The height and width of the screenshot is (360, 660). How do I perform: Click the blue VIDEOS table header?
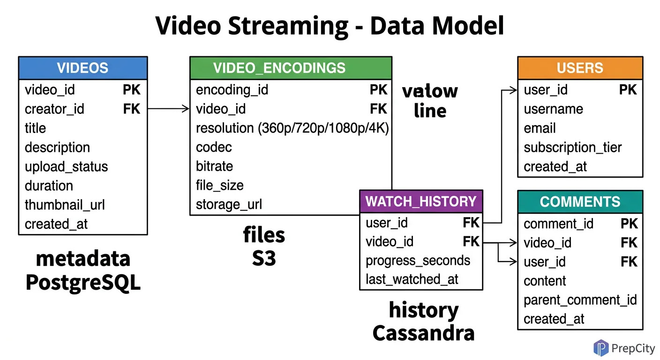click(82, 68)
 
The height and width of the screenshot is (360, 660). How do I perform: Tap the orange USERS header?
click(580, 68)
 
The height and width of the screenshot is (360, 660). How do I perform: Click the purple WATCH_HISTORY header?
click(420, 201)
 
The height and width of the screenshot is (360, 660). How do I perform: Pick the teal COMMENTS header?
click(580, 202)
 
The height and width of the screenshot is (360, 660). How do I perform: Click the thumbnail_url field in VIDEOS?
click(65, 205)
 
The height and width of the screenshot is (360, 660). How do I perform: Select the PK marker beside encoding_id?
click(378, 90)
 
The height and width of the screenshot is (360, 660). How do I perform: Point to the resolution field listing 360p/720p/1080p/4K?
click(292, 128)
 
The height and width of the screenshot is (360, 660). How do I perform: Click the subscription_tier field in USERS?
click(572, 147)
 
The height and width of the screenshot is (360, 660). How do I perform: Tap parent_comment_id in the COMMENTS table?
click(580, 300)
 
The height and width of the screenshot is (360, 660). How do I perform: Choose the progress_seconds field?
click(418, 261)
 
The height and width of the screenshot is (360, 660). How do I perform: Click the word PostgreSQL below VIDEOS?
click(83, 283)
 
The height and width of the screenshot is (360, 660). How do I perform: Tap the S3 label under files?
click(264, 258)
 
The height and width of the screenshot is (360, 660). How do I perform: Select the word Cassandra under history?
click(423, 333)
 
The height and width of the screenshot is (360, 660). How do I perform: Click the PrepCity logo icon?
click(600, 348)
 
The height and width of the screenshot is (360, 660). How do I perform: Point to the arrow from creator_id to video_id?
click(169, 109)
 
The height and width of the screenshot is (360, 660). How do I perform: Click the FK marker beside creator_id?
click(132, 109)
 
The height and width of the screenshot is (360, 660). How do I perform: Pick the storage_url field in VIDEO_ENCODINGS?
click(229, 204)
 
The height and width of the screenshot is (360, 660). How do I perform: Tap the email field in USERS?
click(540, 128)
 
